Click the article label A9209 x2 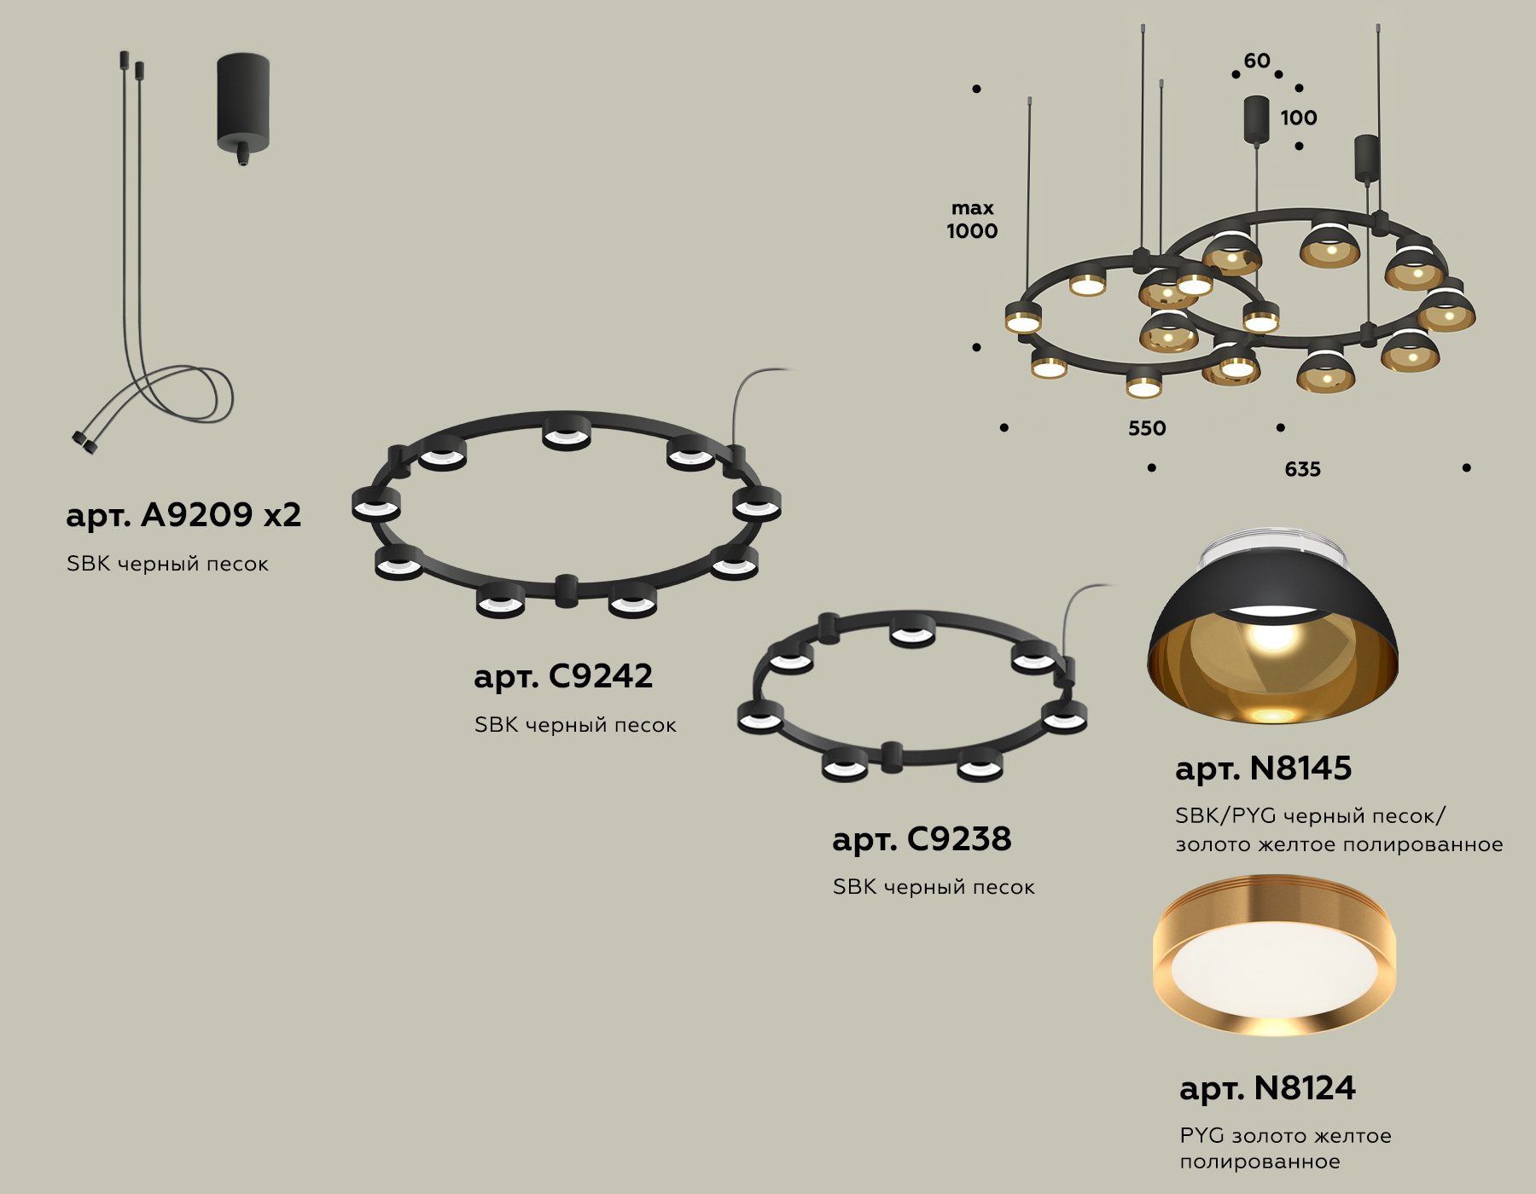point(183,515)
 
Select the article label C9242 point(563,676)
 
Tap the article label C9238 point(922,839)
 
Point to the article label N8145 point(1263,768)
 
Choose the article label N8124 point(1267,1088)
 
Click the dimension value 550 point(1147,428)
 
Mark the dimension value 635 point(1302,469)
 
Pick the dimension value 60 point(1257,61)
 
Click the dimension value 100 point(1298,118)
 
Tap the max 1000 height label point(972,220)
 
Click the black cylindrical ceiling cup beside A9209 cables point(243,102)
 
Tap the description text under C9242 point(575,725)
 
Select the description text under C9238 point(934,887)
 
